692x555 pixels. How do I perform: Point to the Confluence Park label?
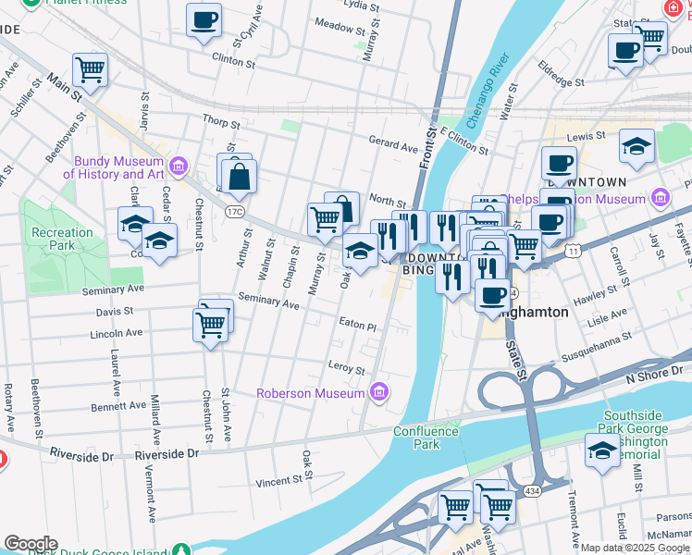coord(426,438)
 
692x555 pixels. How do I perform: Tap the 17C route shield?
coord(236,212)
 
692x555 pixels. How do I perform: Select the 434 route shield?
coord(531,490)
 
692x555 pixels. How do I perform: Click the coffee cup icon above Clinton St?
coord(204,19)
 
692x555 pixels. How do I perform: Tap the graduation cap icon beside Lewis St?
coord(636,146)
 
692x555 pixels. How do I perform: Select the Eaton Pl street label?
coord(358,327)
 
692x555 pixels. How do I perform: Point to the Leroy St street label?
coord(347,367)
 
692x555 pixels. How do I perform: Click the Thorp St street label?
coord(220,121)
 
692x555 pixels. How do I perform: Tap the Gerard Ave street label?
coord(393,145)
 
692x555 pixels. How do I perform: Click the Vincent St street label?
coord(279,481)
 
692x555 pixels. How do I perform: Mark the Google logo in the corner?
coord(30,544)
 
